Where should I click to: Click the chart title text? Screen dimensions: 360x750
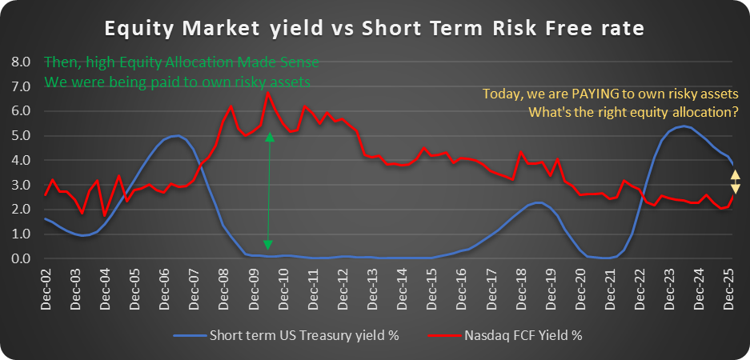point(375,30)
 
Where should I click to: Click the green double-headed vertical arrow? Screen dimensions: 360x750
point(269,191)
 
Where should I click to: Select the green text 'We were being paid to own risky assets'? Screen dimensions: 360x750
point(177,82)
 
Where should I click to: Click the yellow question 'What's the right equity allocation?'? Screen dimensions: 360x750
point(633,113)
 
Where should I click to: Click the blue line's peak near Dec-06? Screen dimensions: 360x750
point(177,136)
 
